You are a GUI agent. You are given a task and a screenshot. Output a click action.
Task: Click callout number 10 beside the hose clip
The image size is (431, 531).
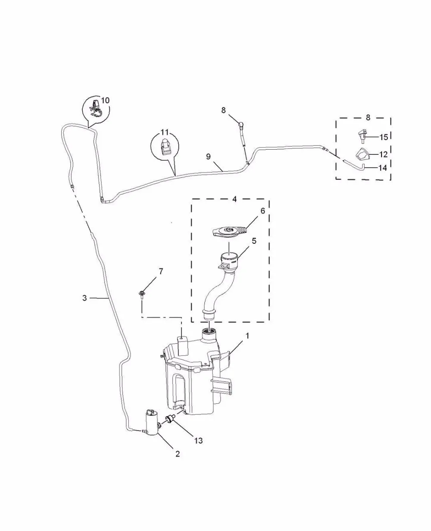pos(106,101)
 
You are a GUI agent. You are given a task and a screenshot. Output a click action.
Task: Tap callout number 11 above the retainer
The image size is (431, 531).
pos(165,132)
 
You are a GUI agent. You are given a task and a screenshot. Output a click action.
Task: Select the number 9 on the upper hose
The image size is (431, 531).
pos(208,157)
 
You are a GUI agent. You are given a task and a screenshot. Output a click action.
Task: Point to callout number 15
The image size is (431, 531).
pos(384,137)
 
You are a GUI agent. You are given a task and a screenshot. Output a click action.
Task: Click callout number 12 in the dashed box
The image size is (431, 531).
pos(384,154)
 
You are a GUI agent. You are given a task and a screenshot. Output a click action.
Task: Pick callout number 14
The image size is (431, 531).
pos(383,168)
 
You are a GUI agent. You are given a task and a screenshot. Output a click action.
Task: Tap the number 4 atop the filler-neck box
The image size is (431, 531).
pos(234,199)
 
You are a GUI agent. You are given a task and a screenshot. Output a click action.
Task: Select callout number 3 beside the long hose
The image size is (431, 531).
pos(85,298)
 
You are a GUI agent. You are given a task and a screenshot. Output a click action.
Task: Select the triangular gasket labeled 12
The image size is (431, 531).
pos(361,155)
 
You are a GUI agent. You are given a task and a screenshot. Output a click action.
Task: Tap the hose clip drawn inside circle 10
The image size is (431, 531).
pos(95,108)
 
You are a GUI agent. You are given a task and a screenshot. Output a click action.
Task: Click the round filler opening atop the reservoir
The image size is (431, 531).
pos(209,331)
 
